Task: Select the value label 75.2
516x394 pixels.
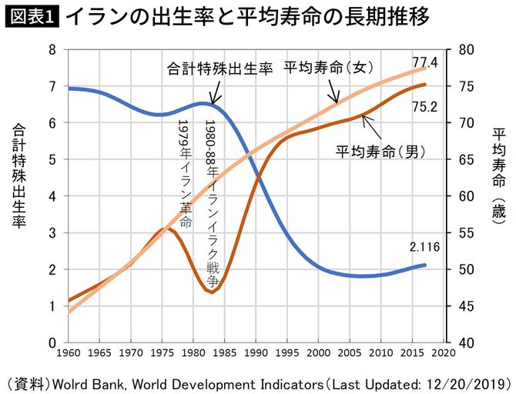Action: (424, 107)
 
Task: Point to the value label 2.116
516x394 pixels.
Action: (424, 247)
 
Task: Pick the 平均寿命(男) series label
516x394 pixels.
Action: (380, 149)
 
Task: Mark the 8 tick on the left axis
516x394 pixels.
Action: (52, 50)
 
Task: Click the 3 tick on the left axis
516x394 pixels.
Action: (52, 232)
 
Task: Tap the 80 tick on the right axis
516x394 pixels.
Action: (463, 50)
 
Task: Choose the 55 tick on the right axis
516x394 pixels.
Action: (463, 232)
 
